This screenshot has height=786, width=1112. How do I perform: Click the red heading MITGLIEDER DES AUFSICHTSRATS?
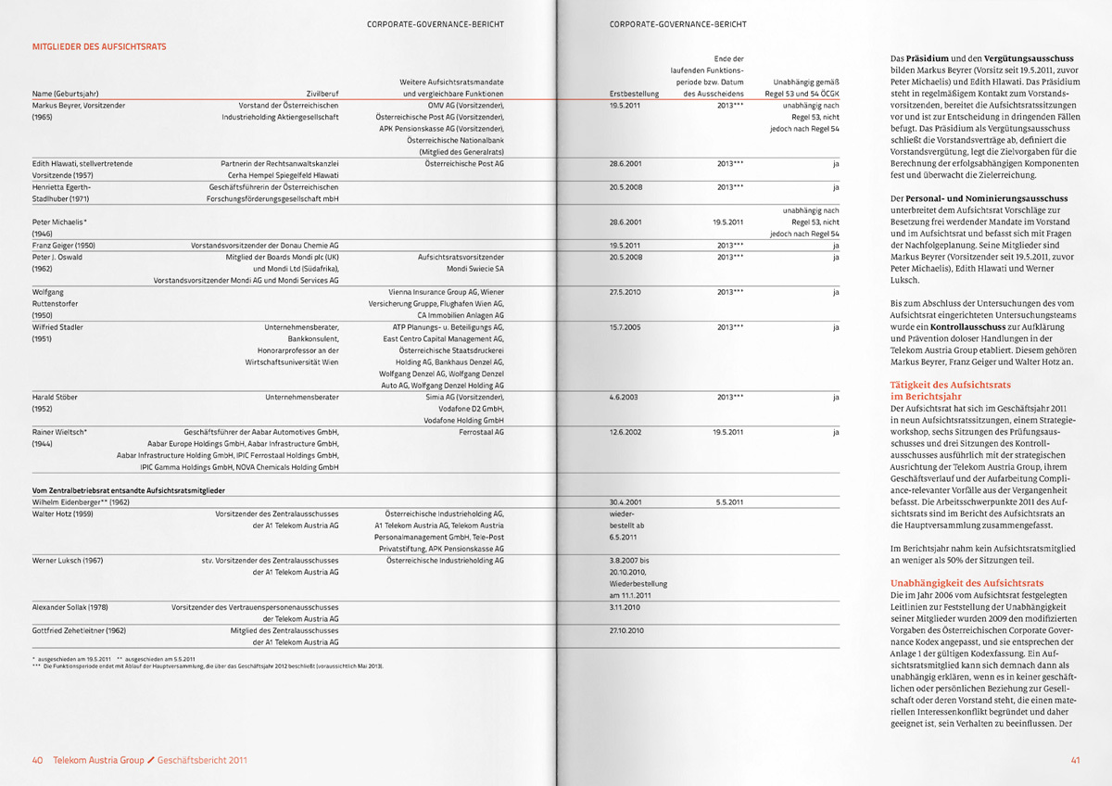tap(99, 45)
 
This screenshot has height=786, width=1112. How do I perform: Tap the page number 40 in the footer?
tap(38, 760)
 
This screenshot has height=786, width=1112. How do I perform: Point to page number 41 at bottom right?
tap(1075, 760)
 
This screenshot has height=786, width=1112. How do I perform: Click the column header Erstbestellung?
tap(634, 94)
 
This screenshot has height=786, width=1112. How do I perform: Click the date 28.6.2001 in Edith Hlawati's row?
tap(626, 163)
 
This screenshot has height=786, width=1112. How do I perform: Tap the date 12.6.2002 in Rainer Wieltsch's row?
tap(626, 432)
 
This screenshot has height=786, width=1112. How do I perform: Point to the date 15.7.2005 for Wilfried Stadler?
tap(626, 326)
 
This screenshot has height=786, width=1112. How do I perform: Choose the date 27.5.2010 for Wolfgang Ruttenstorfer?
tap(626, 292)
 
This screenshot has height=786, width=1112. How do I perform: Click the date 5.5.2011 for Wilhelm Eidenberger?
tap(729, 501)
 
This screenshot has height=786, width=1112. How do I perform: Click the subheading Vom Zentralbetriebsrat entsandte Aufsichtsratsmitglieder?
tap(129, 489)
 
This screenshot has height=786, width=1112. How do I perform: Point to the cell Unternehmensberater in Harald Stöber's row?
tap(302, 397)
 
